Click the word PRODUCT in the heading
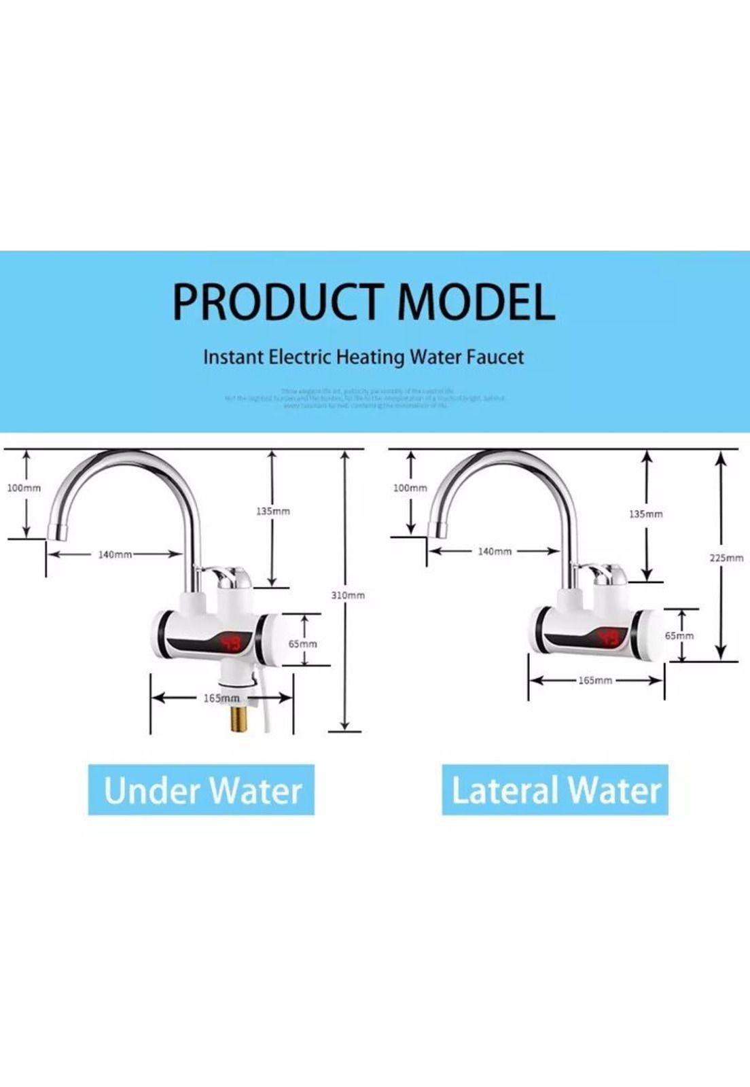click(x=279, y=302)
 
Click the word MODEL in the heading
click(x=476, y=302)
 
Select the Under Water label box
click(x=201, y=789)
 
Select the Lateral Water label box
click(x=555, y=789)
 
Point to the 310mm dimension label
click(x=348, y=595)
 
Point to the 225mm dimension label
click(x=726, y=558)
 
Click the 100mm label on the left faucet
click(x=24, y=488)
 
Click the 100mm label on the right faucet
click(x=410, y=488)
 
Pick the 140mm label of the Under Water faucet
click(x=115, y=554)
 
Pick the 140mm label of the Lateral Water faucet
click(x=495, y=551)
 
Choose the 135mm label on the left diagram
click(x=273, y=511)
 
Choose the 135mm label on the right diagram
click(x=645, y=514)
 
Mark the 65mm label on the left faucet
click(x=303, y=643)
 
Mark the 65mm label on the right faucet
click(x=679, y=636)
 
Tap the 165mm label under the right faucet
click(x=595, y=680)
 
